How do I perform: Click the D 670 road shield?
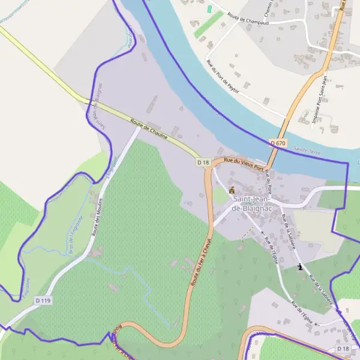(278, 143)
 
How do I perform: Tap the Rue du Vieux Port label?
(244, 163)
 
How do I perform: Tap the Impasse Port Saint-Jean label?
(319, 100)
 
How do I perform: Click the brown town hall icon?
(232, 190)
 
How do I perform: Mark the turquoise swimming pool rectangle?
(209, 10)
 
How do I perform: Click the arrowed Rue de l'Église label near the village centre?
(270, 248)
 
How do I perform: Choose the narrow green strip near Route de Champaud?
(208, 24)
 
